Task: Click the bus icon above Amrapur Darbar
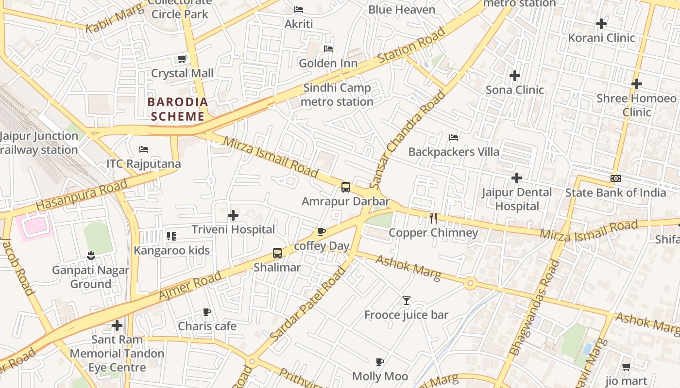tap(345, 187)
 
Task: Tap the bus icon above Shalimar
tap(277, 253)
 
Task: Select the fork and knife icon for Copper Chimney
tap(433, 218)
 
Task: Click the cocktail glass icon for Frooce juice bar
tap(407, 301)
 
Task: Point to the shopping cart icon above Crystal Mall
tap(182, 59)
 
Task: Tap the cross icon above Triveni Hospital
tap(233, 215)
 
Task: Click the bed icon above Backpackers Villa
tap(454, 138)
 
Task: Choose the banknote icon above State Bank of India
tap(615, 178)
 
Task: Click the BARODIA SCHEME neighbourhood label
tap(178, 109)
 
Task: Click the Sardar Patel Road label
tap(307, 304)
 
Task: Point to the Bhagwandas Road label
tap(534, 307)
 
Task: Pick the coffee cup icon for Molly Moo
tap(380, 362)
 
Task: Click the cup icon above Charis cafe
tap(207, 312)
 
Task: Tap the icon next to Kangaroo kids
tap(171, 236)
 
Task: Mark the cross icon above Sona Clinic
tap(515, 76)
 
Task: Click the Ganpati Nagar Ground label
tap(90, 277)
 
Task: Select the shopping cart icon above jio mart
tap(626, 367)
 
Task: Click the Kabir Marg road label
tap(115, 18)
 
